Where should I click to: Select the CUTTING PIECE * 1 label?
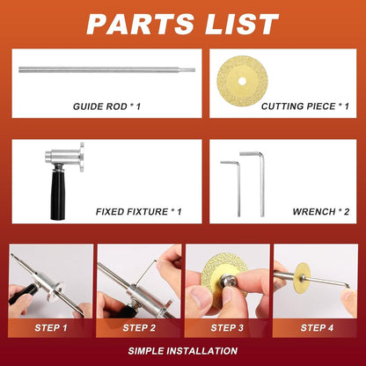click(304, 106)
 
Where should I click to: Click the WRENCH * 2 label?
click(318, 211)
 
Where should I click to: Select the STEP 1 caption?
click(49, 327)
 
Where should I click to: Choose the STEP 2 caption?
click(138, 327)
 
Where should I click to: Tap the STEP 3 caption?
click(226, 327)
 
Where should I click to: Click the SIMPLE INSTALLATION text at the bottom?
click(182, 350)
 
